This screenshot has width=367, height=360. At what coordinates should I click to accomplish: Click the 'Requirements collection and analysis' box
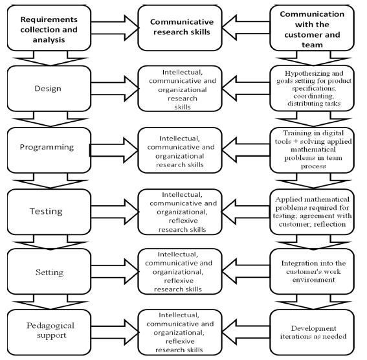click(49, 28)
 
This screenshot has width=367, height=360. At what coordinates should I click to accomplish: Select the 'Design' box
click(49, 89)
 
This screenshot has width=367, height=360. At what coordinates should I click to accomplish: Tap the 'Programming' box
click(49, 150)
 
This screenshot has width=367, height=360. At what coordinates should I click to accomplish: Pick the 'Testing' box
click(49, 212)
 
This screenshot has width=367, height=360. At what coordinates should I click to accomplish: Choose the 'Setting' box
click(49, 271)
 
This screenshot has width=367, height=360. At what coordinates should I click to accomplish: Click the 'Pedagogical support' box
click(49, 332)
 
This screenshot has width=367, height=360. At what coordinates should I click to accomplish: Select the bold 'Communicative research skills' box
click(180, 28)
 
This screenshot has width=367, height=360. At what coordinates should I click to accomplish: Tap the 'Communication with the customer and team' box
click(312, 28)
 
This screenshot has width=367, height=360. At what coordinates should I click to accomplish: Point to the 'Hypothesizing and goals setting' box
click(312, 89)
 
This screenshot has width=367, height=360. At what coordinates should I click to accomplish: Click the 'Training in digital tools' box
click(312, 150)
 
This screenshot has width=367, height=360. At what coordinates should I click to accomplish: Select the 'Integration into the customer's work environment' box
click(312, 271)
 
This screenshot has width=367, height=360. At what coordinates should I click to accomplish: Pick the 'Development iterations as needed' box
click(312, 332)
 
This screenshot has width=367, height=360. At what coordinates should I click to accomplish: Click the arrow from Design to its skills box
click(115, 89)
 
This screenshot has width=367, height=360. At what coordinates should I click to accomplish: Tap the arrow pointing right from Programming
click(114, 150)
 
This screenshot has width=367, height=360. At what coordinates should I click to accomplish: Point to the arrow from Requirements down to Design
click(50, 58)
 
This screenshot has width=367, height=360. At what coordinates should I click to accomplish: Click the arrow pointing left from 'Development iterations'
click(246, 332)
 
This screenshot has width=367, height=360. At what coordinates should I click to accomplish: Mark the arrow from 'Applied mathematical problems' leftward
click(246, 212)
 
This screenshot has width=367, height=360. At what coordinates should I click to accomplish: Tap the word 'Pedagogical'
click(50, 326)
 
